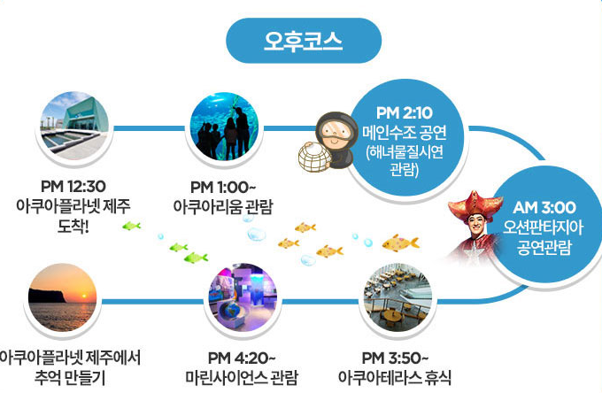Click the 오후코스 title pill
pos(304,41)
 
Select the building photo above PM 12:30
pos(74,124)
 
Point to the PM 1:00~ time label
pos(223,188)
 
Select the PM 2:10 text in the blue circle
pos(403,113)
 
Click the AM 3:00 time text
pos(544,207)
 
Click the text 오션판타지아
pos(544,227)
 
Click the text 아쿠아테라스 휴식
pos(395,378)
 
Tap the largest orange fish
pos(400,243)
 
